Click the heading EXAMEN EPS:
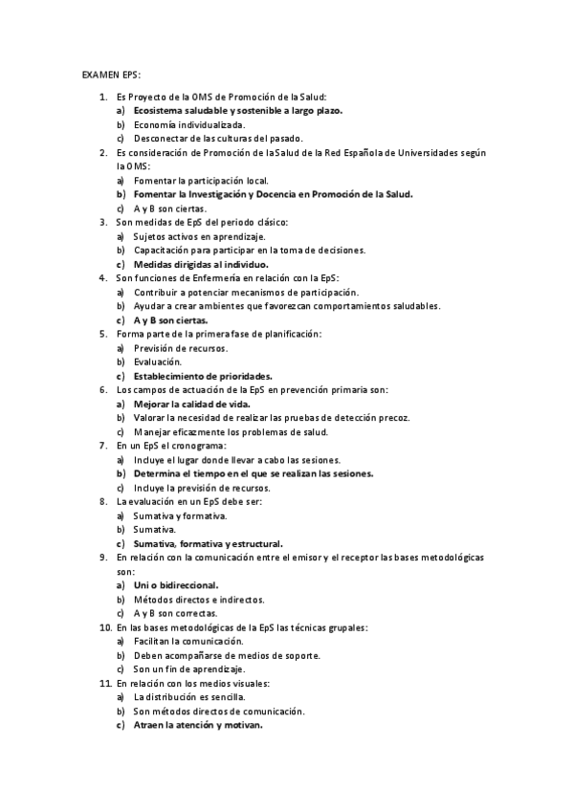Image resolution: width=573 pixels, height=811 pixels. pos(112,73)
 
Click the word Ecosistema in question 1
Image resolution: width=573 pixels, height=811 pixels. pos(161,111)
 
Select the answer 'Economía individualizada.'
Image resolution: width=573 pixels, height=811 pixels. pos(176,124)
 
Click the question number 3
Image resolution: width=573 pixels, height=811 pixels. pos(103,222)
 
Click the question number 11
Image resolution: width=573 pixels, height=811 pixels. pos(105,683)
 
